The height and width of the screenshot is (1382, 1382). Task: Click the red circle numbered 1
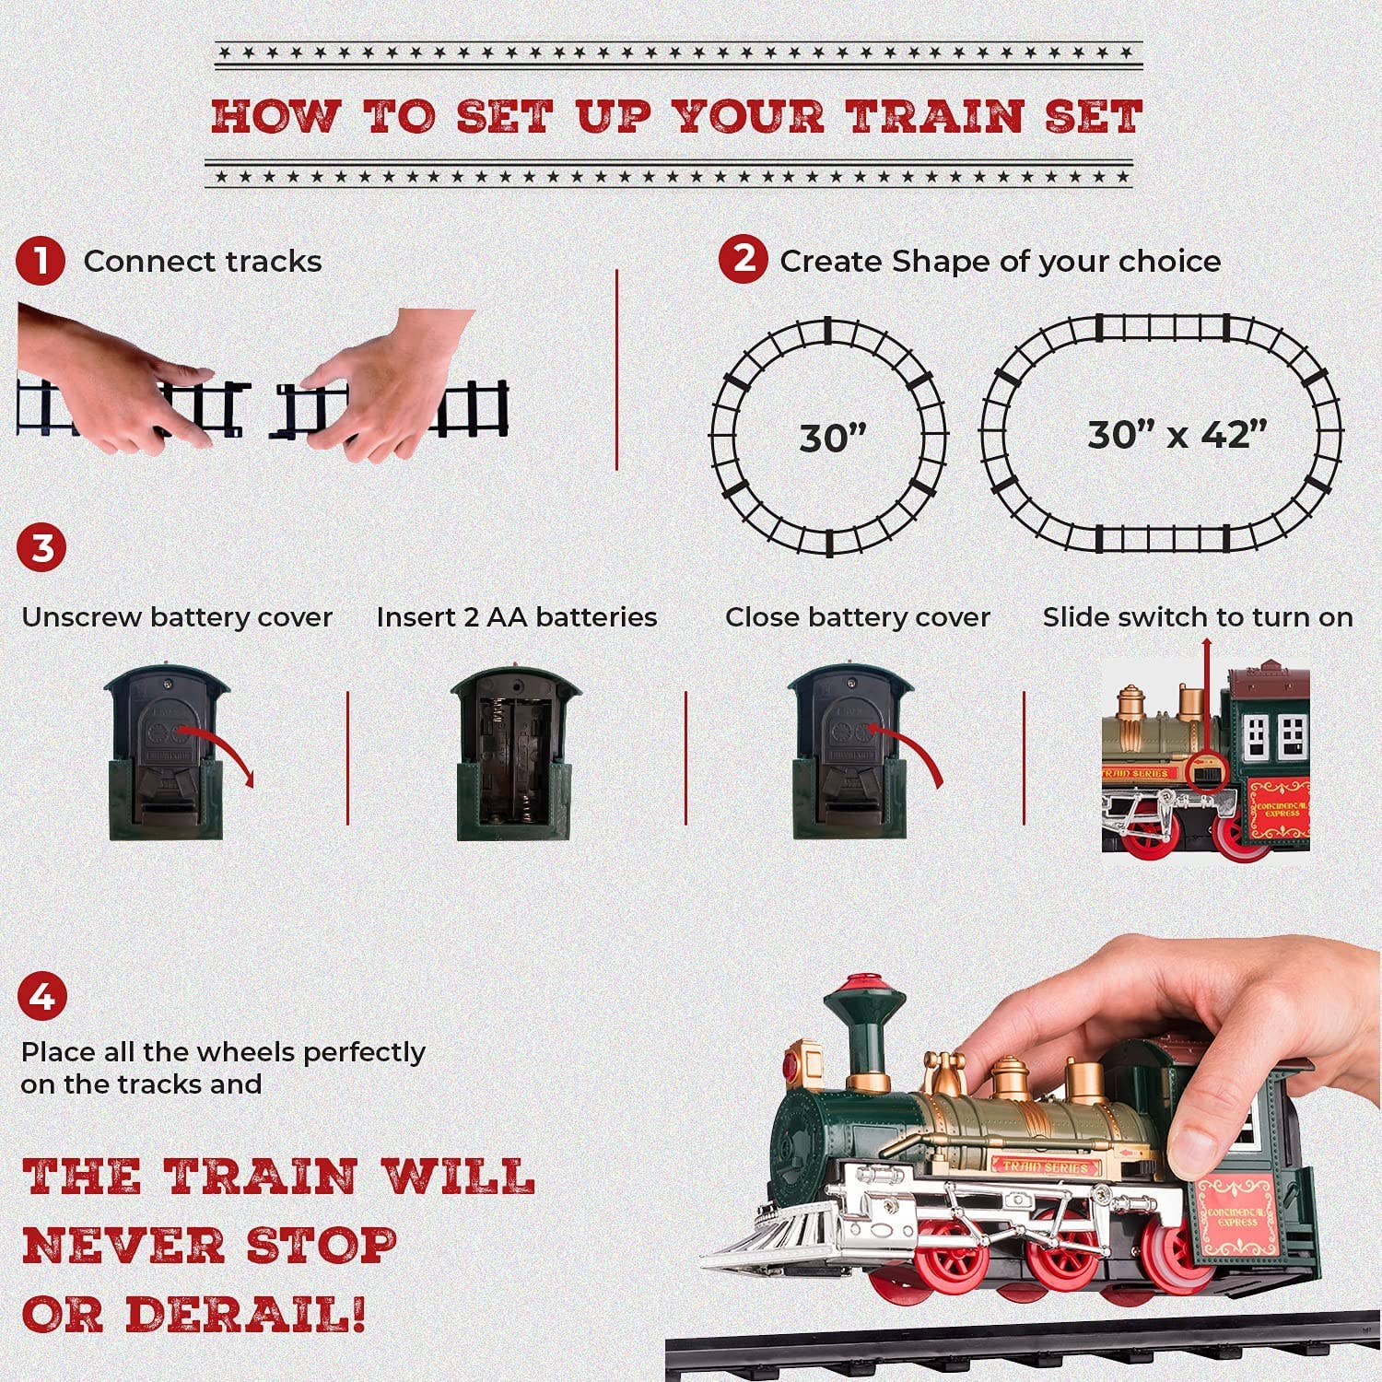(40, 262)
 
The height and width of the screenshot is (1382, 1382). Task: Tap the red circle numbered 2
(743, 259)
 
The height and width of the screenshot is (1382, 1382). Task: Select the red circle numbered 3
(41, 548)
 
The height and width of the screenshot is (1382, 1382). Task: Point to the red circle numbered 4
(41, 997)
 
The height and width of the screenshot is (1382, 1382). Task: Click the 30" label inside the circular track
(833, 438)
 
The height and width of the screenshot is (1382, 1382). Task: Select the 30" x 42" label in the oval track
(1177, 434)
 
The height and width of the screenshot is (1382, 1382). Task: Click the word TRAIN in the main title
(935, 117)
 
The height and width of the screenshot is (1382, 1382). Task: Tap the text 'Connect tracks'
(203, 262)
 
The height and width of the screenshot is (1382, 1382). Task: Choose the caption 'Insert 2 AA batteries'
(516, 617)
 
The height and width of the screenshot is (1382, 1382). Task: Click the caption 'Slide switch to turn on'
(1198, 617)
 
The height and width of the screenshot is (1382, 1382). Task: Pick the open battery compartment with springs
(515, 753)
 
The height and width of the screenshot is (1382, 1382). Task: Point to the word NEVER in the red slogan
(120, 1246)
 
